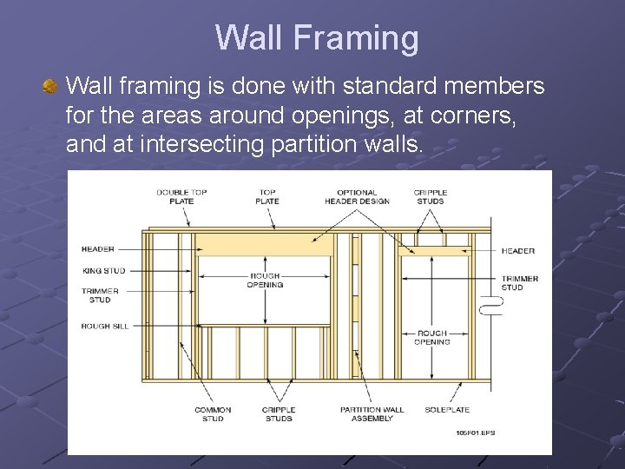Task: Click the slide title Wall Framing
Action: pos(317,38)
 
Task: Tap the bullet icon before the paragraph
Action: pos(51,87)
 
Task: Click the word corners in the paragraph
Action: pos(469,115)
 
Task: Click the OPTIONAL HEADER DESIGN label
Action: pos(357,196)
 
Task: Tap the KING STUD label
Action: pos(103,270)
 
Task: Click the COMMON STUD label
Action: pos(213,414)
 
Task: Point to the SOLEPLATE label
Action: pos(447,410)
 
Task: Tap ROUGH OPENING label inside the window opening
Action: pos(265,281)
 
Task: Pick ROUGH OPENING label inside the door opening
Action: pos(431,337)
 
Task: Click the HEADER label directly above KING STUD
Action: pos(97,249)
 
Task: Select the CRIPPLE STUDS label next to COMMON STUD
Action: pos(279,414)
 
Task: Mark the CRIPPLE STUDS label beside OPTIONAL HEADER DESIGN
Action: pos(430,196)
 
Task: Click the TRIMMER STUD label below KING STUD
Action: pos(100,296)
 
